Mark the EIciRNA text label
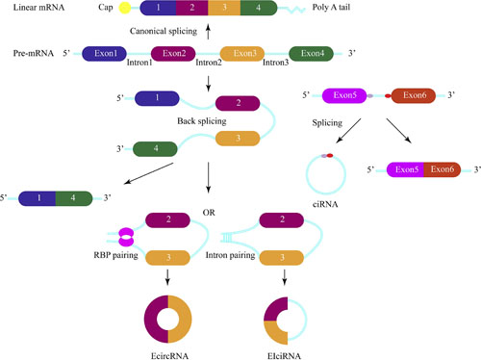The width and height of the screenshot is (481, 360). tap(286, 352)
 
